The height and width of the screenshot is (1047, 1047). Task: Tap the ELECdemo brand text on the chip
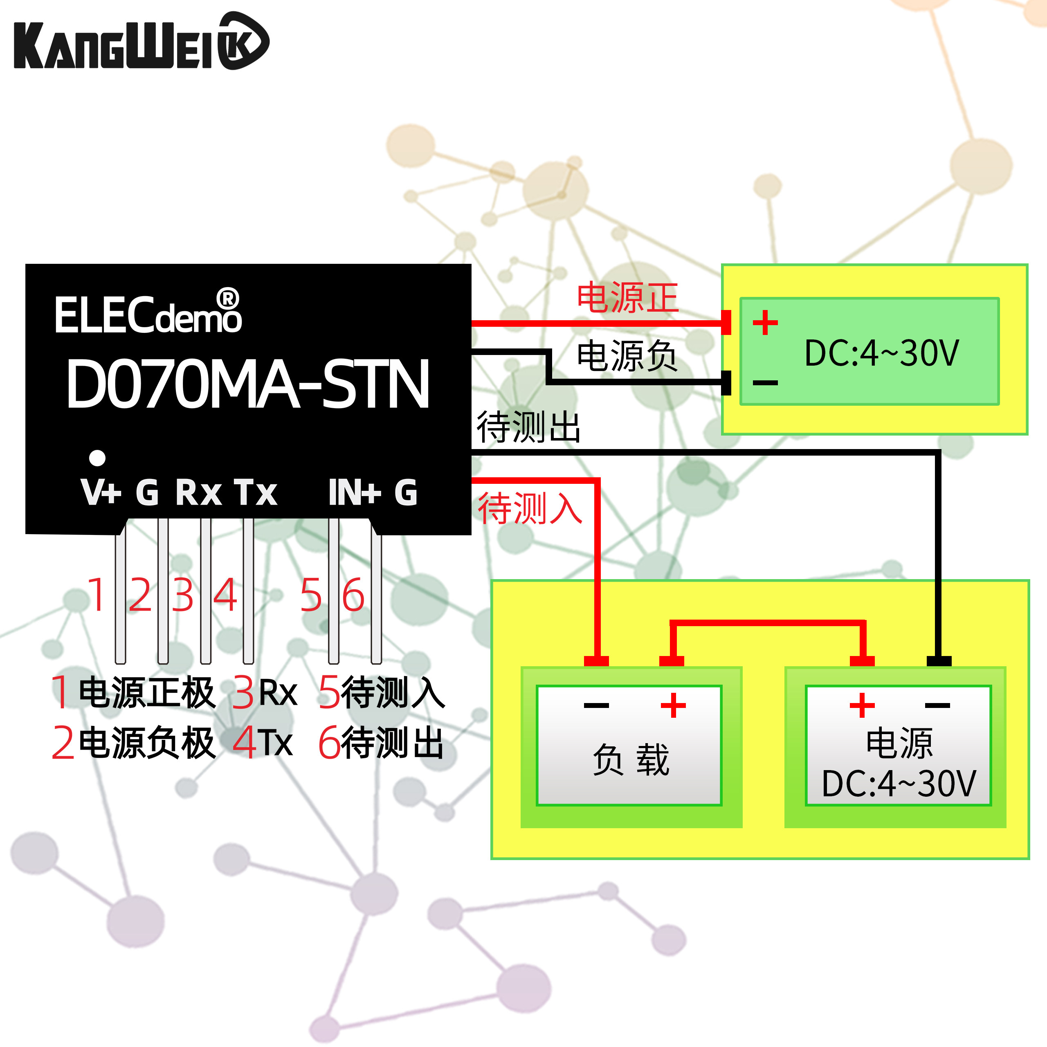147,315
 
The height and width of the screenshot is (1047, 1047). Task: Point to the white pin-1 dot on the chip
98,458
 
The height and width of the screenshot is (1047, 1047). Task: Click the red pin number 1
98,595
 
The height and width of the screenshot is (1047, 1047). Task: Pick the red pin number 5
311,595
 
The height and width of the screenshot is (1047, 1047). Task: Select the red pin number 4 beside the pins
225,595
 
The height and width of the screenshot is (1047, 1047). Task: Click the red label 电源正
627,298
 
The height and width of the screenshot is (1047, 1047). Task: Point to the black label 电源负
627,356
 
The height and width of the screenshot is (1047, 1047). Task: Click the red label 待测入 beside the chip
530,508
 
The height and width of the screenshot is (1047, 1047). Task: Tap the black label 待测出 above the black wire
528,427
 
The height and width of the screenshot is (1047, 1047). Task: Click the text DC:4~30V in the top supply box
882,353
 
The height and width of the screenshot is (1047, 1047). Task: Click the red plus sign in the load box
673,705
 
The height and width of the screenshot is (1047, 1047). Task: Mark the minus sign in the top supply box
765,382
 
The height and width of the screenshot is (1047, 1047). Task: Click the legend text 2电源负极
133,742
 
